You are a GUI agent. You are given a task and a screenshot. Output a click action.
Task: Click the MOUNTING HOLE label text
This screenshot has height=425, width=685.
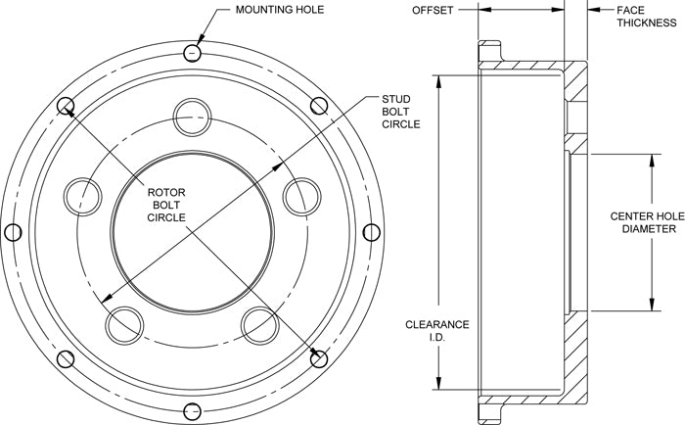(x=280, y=9)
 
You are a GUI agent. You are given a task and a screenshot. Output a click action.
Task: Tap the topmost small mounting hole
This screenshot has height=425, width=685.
(x=192, y=53)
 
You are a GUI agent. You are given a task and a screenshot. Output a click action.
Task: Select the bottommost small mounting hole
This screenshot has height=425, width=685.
(x=192, y=411)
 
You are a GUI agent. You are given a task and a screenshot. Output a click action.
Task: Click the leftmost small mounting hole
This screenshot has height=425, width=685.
(x=13, y=232)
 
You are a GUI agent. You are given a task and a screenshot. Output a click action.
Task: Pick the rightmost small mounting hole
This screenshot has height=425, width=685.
(x=371, y=232)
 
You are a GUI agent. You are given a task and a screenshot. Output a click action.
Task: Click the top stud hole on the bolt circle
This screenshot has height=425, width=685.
(x=192, y=118)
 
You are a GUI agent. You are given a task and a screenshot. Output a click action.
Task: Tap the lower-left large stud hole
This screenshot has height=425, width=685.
(x=124, y=325)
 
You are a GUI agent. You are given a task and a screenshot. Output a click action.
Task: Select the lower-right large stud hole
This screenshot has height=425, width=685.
(x=260, y=325)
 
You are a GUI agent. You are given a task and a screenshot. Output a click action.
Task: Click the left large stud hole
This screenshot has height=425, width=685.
(x=82, y=196)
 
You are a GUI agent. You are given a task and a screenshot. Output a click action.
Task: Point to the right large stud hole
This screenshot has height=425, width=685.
(x=301, y=196)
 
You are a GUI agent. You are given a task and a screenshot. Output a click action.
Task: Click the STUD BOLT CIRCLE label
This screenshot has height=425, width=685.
(x=400, y=112)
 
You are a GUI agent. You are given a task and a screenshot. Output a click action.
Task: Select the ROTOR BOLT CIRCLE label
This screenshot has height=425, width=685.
(x=166, y=205)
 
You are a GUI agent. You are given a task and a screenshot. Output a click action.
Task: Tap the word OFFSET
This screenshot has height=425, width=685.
(x=433, y=10)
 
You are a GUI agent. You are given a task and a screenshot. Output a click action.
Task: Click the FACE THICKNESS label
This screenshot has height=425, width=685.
(x=647, y=17)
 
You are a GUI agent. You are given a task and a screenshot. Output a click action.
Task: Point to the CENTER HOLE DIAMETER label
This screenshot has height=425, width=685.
(x=648, y=222)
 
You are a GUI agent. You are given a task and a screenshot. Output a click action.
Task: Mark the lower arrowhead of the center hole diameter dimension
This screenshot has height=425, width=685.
(x=652, y=303)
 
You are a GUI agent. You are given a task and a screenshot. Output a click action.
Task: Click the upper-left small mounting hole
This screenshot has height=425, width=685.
(x=66, y=106)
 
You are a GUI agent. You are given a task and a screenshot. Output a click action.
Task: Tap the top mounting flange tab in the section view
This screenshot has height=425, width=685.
(x=489, y=51)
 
